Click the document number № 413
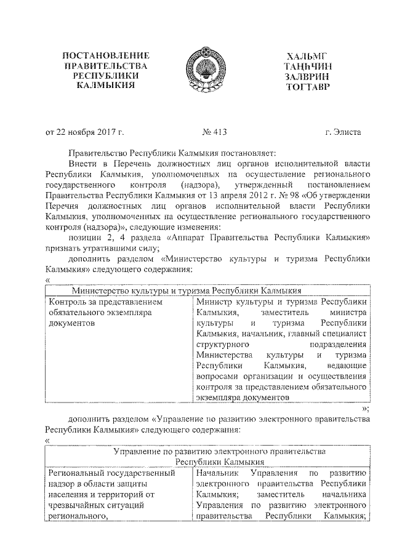tap(214, 131)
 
